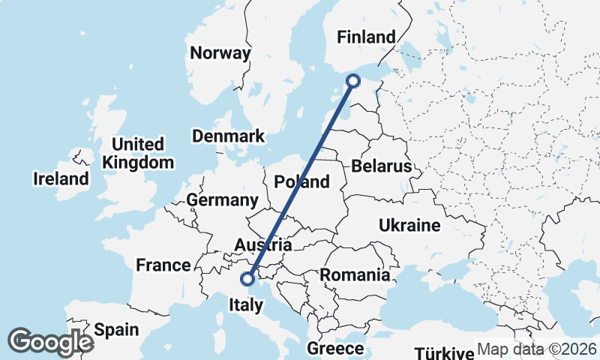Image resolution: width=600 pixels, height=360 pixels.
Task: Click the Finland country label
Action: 366,37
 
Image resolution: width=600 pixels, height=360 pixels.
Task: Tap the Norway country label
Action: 220,53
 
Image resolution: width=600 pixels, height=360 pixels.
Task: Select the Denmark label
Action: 229,136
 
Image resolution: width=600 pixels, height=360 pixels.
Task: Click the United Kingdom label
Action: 138,153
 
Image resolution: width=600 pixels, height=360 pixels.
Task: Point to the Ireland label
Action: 61,179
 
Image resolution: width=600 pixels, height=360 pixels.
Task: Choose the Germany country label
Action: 222,200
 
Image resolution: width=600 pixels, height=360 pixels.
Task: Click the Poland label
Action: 301,181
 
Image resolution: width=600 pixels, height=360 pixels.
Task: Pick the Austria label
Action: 262,245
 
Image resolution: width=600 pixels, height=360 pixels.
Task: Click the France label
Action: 163,265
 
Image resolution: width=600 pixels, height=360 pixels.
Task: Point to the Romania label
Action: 355,275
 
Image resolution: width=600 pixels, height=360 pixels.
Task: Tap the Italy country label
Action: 246,305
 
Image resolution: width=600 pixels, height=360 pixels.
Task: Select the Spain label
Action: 116,329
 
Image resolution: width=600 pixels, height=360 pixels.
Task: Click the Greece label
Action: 335,349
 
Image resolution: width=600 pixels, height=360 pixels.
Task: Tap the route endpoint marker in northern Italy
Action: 247,279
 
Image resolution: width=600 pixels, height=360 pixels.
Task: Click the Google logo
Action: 50,341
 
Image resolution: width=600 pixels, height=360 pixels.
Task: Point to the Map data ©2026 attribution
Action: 536,349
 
